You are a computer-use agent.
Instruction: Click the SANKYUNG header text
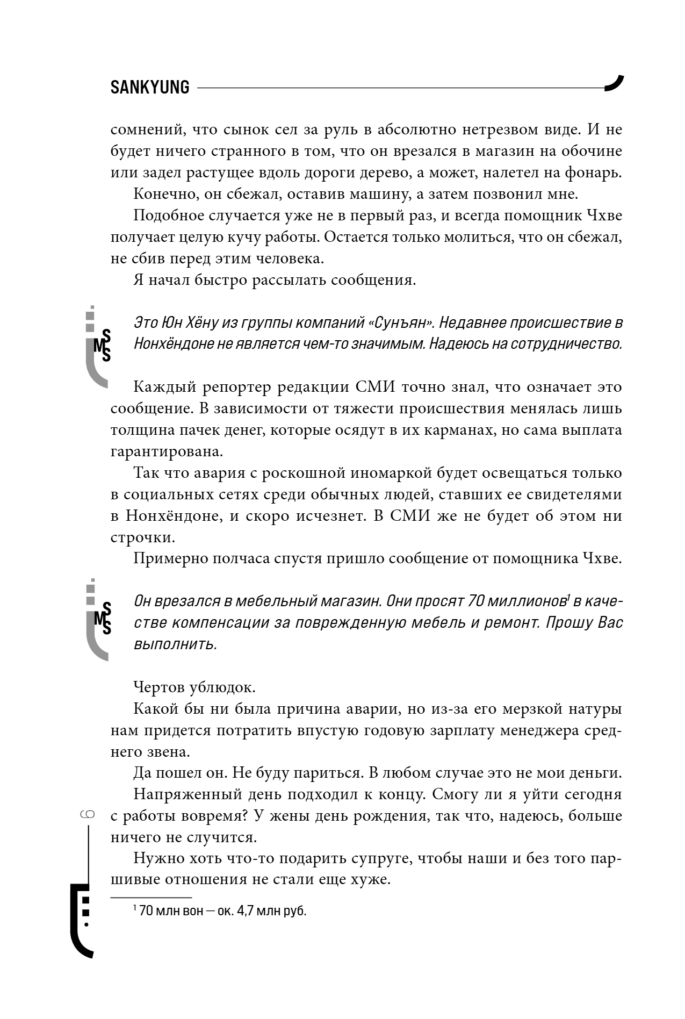pyautogui.click(x=150, y=88)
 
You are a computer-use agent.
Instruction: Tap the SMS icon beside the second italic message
pyautogui.click(x=99, y=618)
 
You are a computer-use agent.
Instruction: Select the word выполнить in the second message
pyautogui.click(x=175, y=644)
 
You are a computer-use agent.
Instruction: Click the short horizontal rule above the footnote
pyautogui.click(x=151, y=898)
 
